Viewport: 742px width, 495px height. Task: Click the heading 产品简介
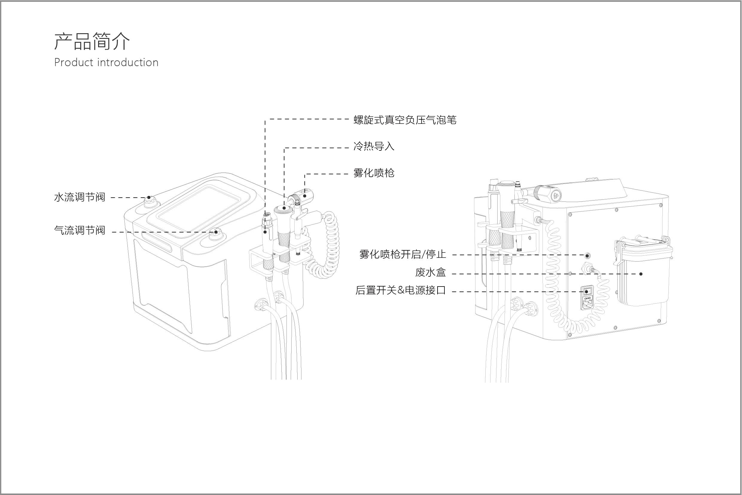92,41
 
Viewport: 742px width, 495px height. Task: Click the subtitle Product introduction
106,63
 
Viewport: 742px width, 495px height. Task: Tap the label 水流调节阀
80,197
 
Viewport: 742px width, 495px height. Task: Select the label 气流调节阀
80,231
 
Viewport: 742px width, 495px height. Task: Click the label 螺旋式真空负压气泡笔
405,120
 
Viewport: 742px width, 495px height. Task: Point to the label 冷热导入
374,147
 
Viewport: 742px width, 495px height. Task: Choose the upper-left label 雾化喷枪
374,173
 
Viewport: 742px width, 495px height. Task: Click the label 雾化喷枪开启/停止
403,255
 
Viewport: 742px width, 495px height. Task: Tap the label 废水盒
430,272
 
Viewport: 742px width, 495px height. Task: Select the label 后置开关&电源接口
400,290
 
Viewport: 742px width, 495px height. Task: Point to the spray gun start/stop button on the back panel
587,255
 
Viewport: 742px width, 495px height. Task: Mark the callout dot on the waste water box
641,274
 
